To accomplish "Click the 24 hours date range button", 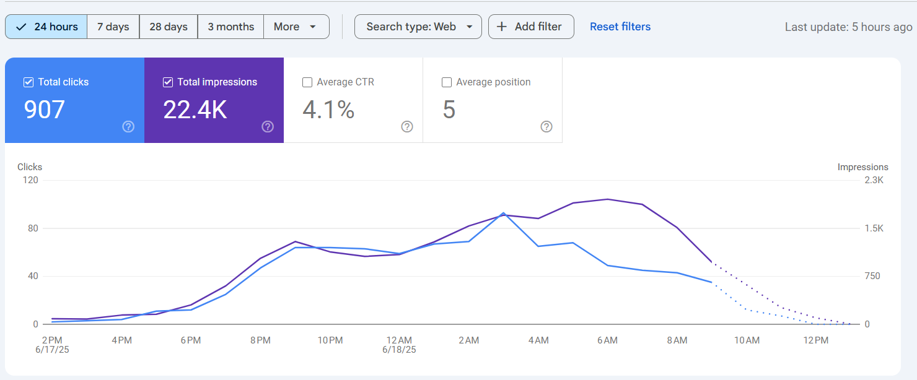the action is [x=46, y=27].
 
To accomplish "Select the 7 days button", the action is [x=113, y=27].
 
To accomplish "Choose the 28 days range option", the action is [x=169, y=27].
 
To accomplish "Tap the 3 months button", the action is [x=231, y=27].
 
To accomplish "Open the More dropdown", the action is [x=296, y=27].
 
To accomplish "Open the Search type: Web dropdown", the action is [x=418, y=27].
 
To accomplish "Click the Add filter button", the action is [x=531, y=27].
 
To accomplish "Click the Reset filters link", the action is [x=620, y=27].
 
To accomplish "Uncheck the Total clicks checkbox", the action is [x=29, y=82].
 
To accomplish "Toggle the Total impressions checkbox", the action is [x=168, y=82].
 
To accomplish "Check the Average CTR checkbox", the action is [x=307, y=82].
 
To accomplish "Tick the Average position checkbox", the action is [x=447, y=82].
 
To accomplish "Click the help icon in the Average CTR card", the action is [x=407, y=127].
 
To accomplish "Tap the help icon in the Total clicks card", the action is [x=128, y=127].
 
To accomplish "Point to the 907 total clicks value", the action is [x=44, y=110].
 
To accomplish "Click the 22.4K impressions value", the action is [x=195, y=110].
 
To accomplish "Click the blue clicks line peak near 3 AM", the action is [x=503, y=213].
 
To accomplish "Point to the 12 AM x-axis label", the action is [x=399, y=340].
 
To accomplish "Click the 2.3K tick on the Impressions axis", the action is [x=874, y=180].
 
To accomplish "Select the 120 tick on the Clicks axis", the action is [x=30, y=180].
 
